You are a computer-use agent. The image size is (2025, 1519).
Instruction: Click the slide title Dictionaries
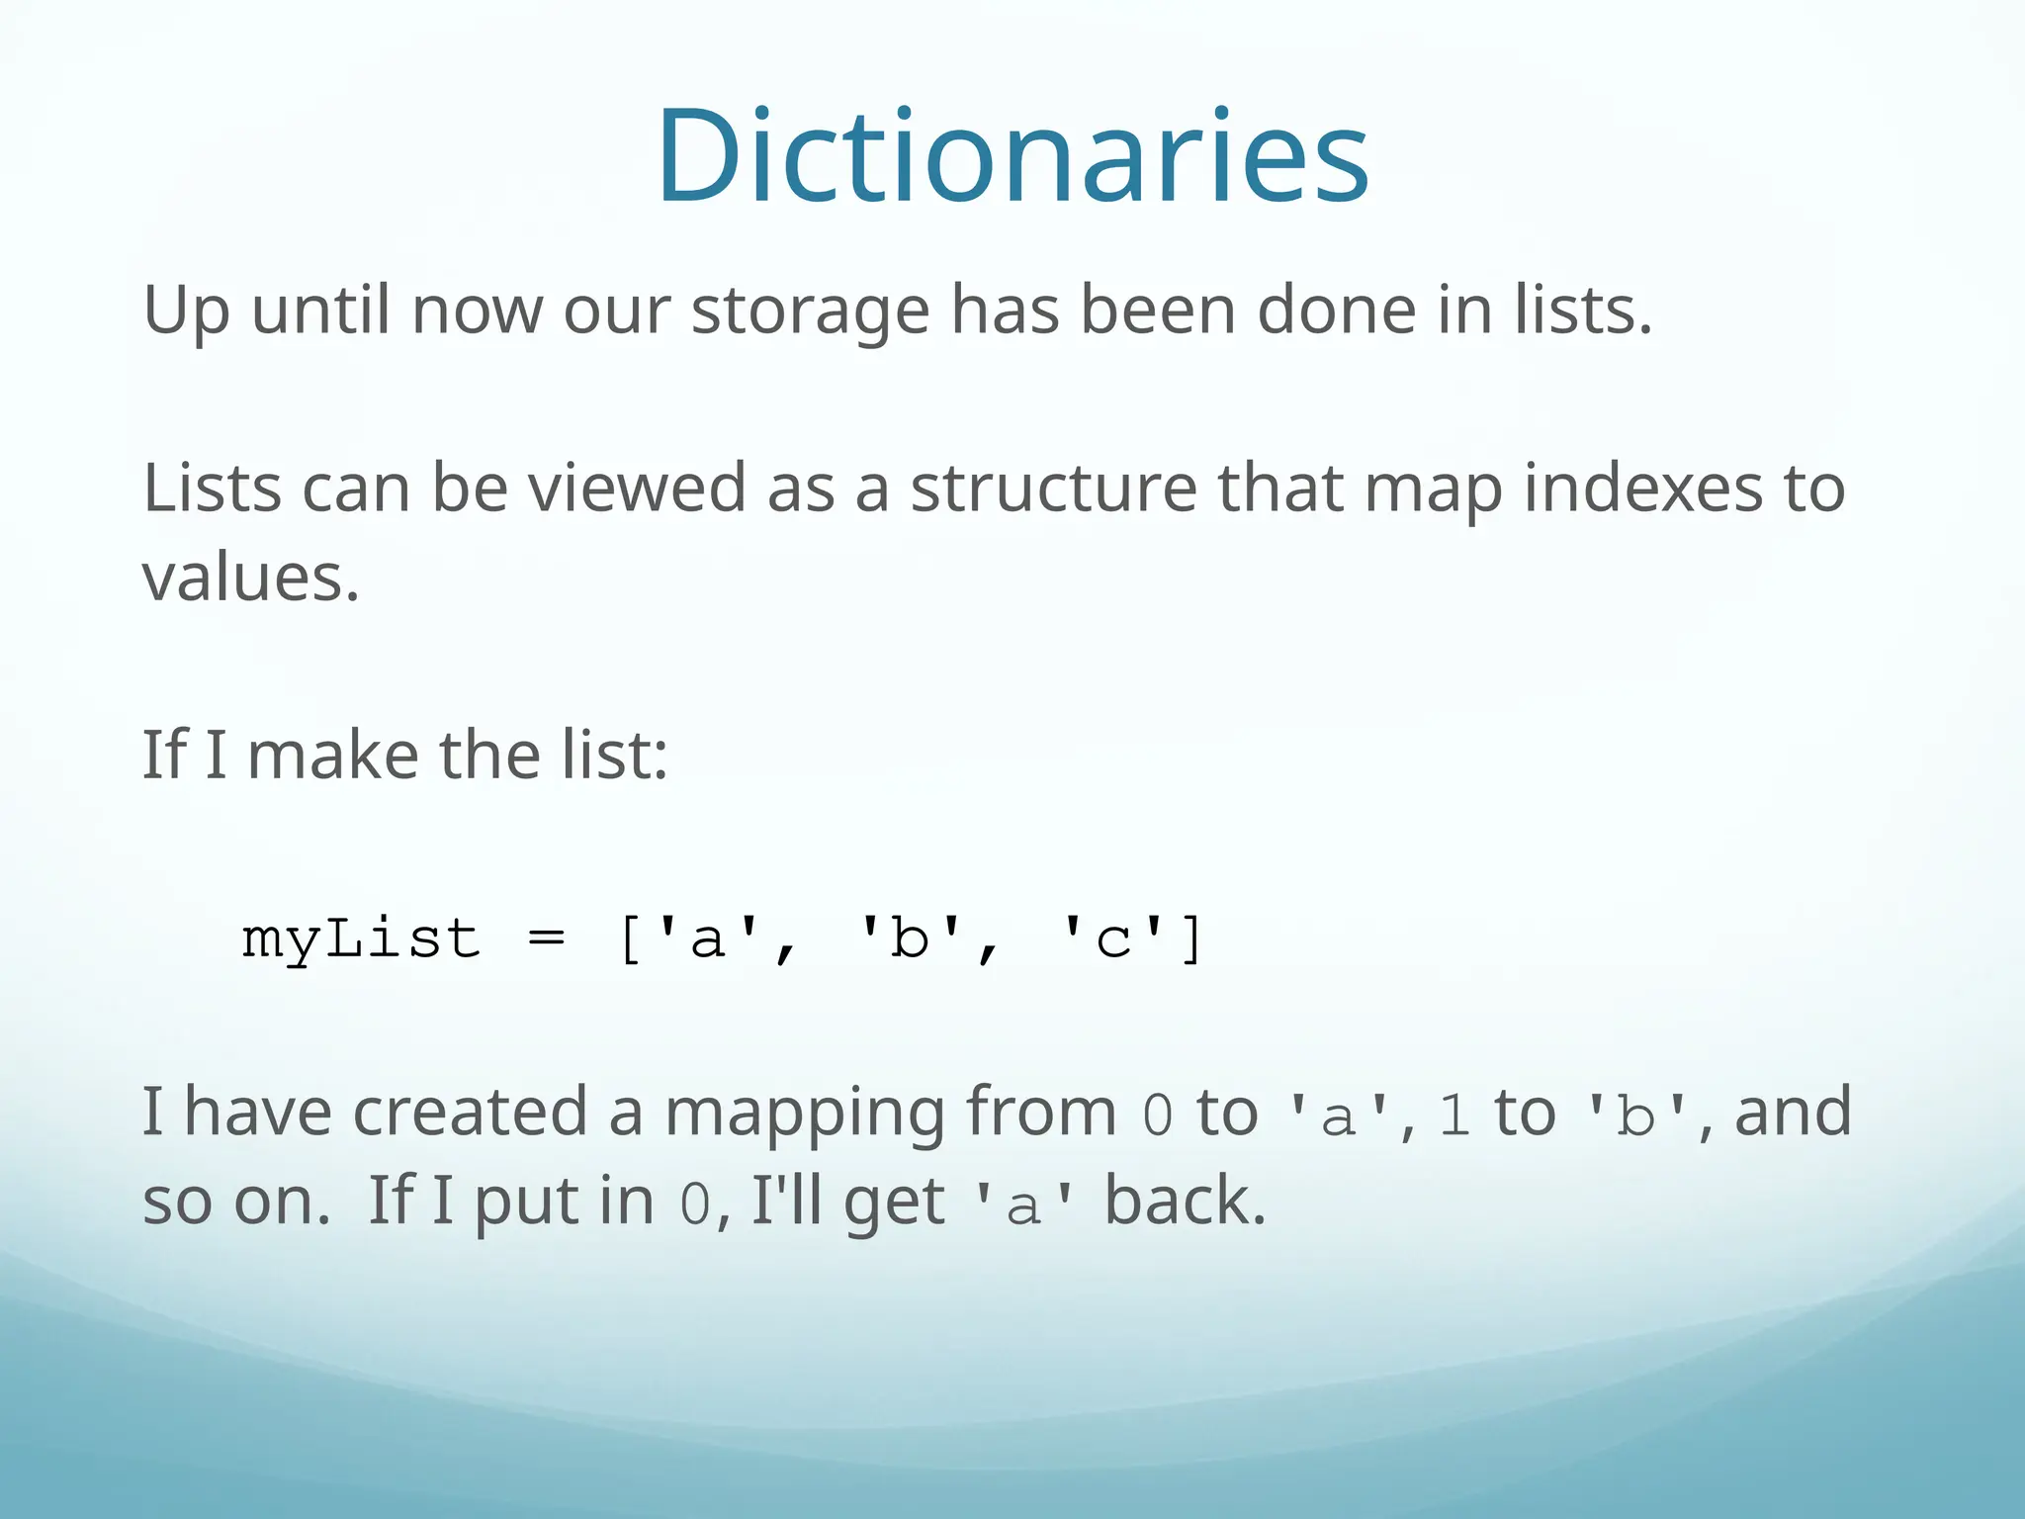1012,158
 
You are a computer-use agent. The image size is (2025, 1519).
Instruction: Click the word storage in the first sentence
810,311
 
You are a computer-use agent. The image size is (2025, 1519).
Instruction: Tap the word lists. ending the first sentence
1583,311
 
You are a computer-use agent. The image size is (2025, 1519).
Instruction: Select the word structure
1053,489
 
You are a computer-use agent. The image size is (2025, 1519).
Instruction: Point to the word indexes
1642,489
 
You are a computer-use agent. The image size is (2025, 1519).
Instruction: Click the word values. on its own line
250,578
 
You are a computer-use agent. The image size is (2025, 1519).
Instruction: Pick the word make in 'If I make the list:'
332,756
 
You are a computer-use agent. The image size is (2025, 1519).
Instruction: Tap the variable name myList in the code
361,938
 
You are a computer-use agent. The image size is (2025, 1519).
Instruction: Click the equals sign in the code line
547,938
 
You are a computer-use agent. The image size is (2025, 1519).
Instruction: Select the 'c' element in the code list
1113,938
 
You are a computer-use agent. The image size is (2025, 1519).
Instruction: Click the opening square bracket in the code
630,938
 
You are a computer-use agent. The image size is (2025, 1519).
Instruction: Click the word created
470,1113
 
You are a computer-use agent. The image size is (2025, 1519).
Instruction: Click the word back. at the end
1185,1202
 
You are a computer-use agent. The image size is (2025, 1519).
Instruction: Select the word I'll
786,1202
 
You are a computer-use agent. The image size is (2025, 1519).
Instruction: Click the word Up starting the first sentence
186,313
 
